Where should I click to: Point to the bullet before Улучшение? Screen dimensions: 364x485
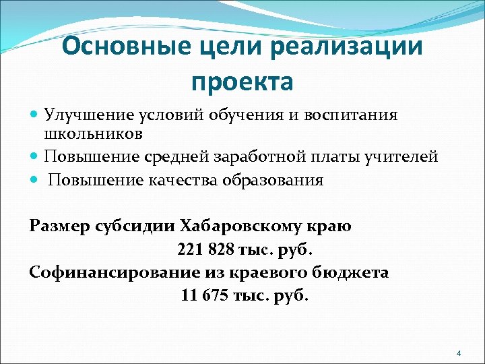pyautogui.click(x=36, y=115)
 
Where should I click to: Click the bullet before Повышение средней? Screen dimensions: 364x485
pyautogui.click(x=36, y=157)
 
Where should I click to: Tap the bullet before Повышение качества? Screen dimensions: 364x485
pyautogui.click(x=36, y=181)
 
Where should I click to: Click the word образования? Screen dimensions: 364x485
pyautogui.click(x=277, y=181)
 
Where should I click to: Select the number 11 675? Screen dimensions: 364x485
pyautogui.click(x=208, y=295)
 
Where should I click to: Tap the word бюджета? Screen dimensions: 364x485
pyautogui.click(x=353, y=272)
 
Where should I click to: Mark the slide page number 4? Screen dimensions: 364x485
pyautogui.click(x=458, y=353)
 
